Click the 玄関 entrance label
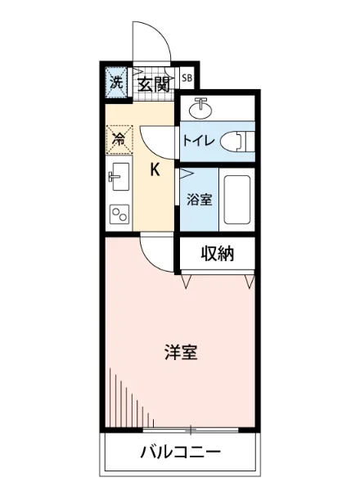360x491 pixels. coord(153,83)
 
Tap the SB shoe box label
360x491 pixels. coord(187,79)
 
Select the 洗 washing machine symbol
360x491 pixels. coord(117,82)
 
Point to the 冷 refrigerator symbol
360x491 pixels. coord(118,138)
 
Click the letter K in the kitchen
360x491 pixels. coord(154,170)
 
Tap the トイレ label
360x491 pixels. coord(199,140)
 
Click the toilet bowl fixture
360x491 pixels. coord(238,140)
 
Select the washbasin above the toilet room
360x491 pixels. coord(200,107)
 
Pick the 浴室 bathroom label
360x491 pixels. coord(199,199)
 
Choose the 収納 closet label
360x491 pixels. coord(218,254)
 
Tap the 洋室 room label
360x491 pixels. coord(180,353)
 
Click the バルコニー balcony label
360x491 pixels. coord(180,452)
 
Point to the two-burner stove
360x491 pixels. coord(119,214)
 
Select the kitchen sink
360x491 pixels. coord(117,177)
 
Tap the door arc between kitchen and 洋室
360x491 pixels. coord(155,250)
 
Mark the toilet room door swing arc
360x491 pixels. coord(155,139)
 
